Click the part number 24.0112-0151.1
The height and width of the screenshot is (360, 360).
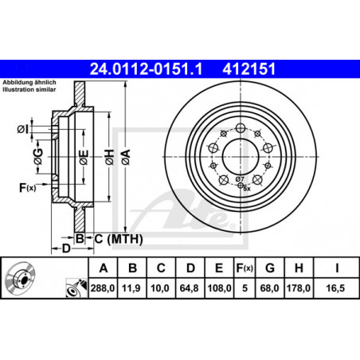(x=146, y=69)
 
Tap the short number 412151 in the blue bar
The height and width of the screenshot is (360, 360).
(x=249, y=69)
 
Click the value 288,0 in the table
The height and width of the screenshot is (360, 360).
(x=103, y=288)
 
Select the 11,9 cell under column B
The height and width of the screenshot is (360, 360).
(x=131, y=288)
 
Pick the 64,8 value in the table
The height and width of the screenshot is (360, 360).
(x=189, y=288)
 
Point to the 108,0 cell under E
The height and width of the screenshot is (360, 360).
(x=219, y=288)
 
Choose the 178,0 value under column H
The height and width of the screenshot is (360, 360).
(x=299, y=288)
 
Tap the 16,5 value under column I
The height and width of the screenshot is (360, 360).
(x=335, y=288)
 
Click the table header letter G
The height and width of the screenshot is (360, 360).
(x=270, y=268)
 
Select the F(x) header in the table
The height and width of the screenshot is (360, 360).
(x=245, y=268)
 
